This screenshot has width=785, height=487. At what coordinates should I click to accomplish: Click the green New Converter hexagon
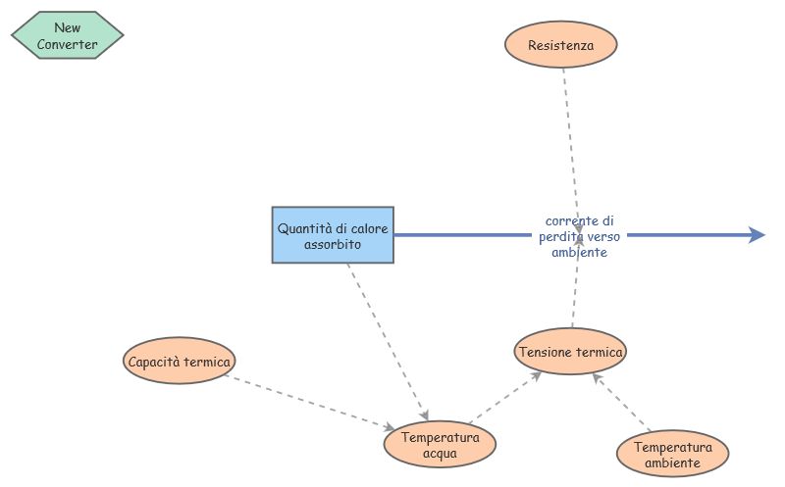(x=67, y=36)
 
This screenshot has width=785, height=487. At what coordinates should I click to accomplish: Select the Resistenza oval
(x=561, y=45)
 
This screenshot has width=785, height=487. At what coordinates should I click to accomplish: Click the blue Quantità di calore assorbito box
(x=333, y=235)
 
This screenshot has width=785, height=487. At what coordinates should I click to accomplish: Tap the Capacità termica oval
(x=180, y=362)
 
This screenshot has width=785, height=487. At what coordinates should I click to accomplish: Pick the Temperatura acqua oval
(x=440, y=445)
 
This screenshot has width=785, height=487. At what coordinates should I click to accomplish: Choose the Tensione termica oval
(x=570, y=352)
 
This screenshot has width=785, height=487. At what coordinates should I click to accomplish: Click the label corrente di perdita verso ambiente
(x=579, y=236)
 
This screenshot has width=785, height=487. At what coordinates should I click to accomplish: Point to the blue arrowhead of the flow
(x=757, y=235)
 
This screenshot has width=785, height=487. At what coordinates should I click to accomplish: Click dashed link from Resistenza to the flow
(x=570, y=137)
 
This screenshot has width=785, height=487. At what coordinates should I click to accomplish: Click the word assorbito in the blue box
(x=333, y=244)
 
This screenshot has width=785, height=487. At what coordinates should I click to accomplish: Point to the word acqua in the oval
(x=440, y=454)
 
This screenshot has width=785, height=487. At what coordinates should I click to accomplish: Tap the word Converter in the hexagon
(x=68, y=44)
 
